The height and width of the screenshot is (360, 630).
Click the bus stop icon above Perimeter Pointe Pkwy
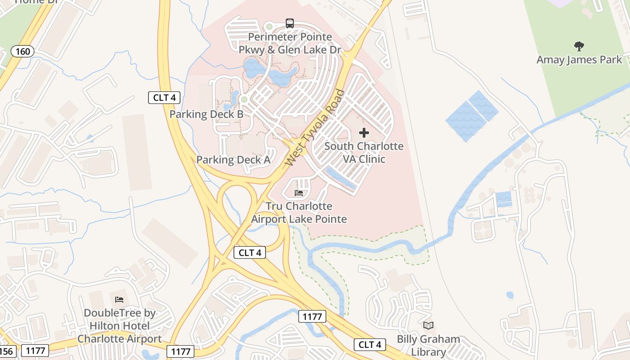[290, 23]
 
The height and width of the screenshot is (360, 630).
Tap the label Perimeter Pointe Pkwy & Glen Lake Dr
[290, 43]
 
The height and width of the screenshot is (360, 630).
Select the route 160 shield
[22, 51]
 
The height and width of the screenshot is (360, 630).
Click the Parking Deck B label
[206, 114]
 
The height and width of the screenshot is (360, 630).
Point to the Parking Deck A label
[233, 160]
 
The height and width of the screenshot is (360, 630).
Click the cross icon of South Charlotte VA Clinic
[364, 133]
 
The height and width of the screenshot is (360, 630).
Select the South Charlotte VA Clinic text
[364, 153]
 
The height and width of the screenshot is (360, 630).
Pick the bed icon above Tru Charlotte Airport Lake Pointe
[299, 193]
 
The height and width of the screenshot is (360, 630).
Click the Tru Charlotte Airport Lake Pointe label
[299, 212]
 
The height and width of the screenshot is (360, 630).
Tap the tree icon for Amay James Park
[579, 46]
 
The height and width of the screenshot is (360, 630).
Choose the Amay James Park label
[579, 59]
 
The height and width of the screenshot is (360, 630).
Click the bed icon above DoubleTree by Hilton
[119, 299]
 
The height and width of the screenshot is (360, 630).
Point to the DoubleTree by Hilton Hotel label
[119, 326]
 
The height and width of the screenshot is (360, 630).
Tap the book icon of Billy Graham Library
[428, 325]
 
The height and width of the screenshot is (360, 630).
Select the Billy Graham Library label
[428, 346]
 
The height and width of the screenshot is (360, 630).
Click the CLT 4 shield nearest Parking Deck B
[164, 97]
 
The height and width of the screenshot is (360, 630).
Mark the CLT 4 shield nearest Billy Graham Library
[370, 345]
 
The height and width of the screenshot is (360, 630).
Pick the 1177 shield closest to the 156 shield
[35, 350]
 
